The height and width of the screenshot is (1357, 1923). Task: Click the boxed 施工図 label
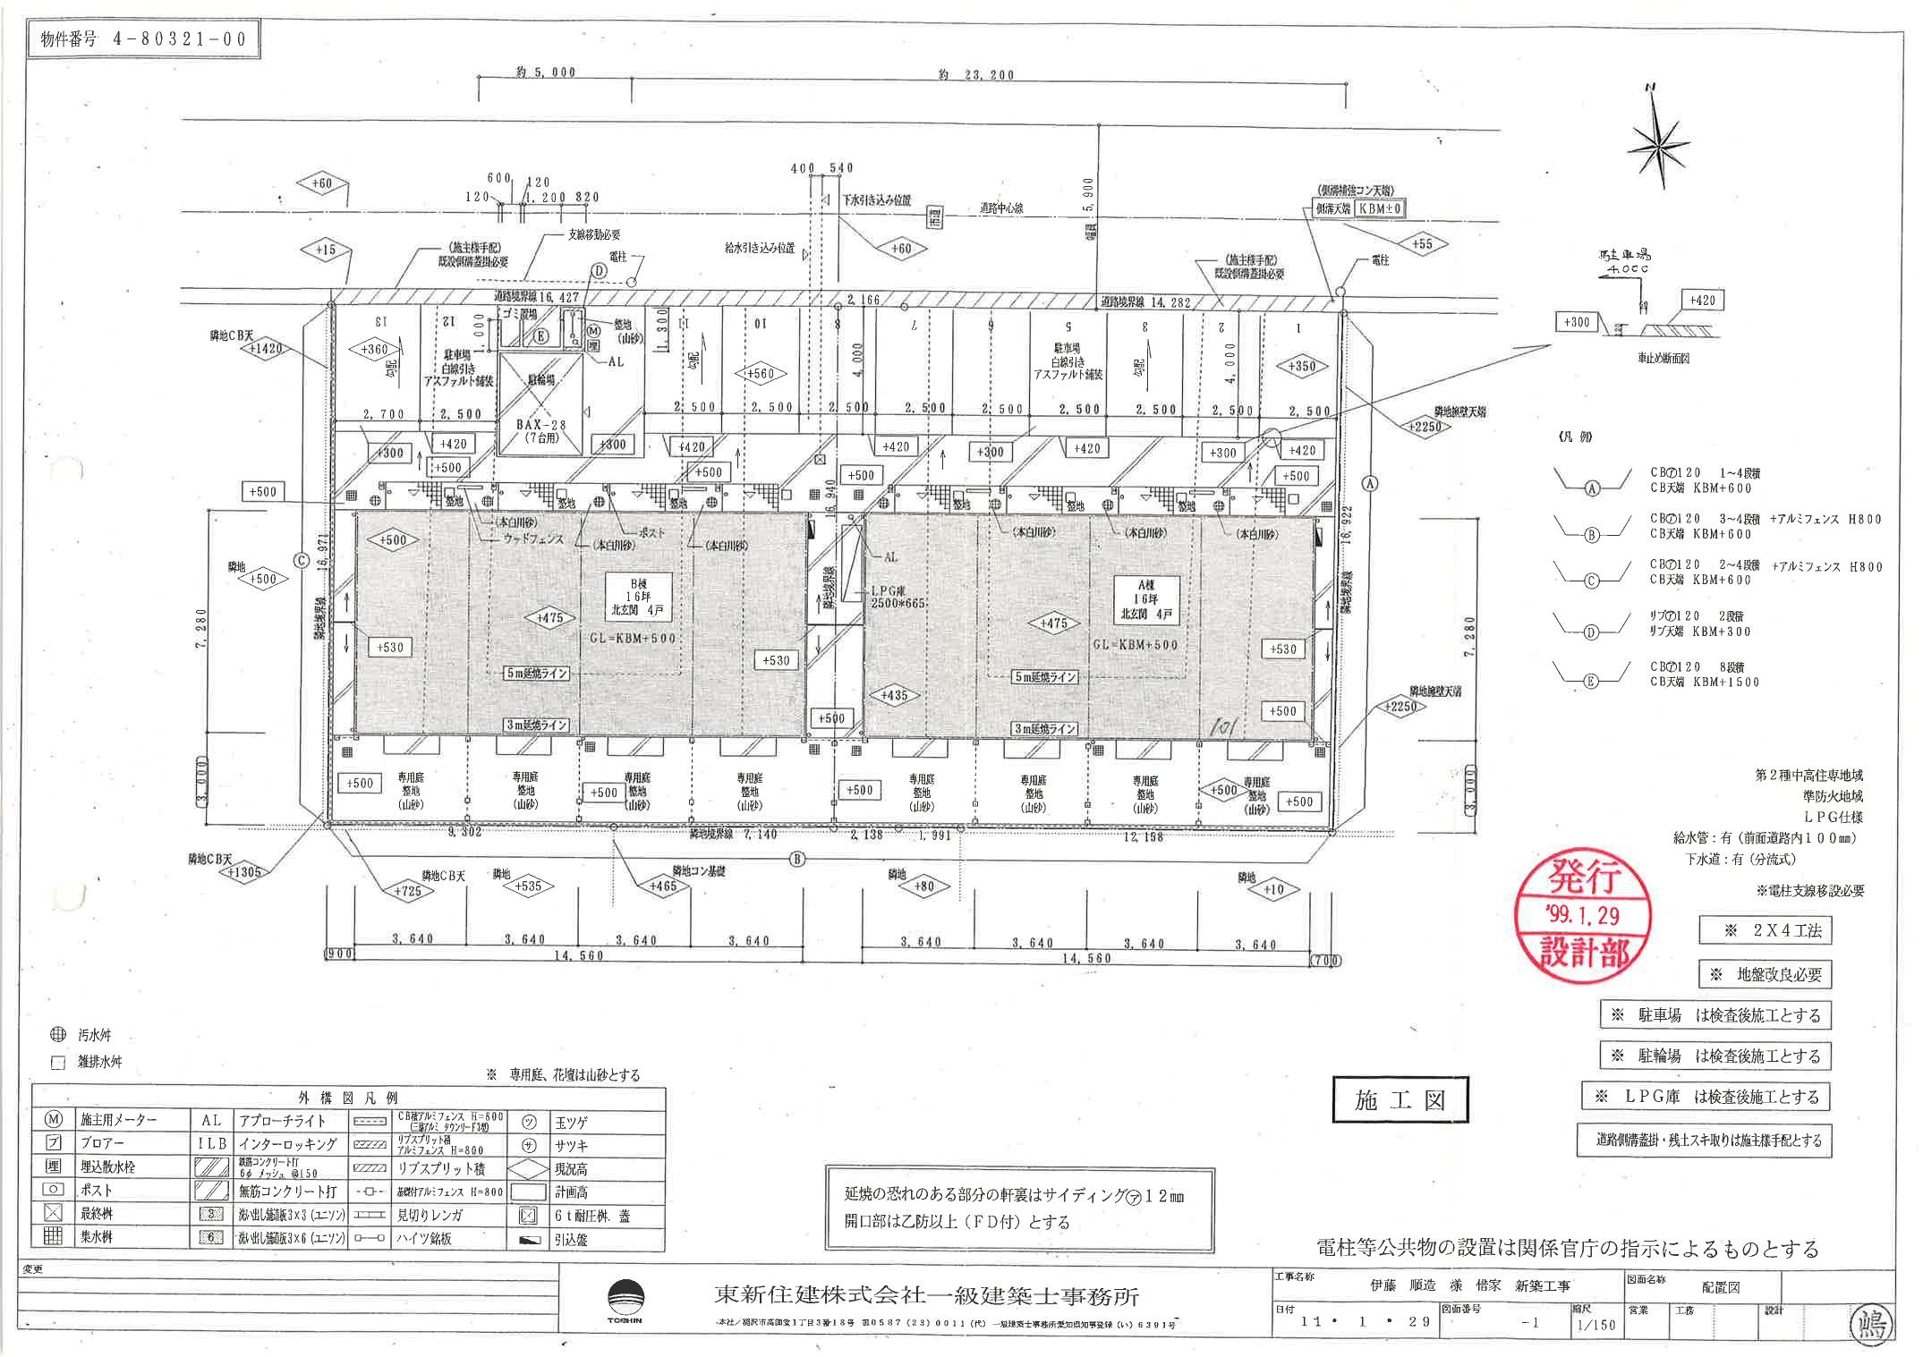click(1400, 1101)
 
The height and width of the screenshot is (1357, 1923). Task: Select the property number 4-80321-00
click(143, 40)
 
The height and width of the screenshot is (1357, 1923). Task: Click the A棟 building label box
click(1145, 600)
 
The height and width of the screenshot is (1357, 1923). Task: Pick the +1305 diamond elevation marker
click(243, 871)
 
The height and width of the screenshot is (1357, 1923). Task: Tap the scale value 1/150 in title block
click(1596, 1324)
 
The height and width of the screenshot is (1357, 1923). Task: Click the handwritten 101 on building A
click(1221, 727)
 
